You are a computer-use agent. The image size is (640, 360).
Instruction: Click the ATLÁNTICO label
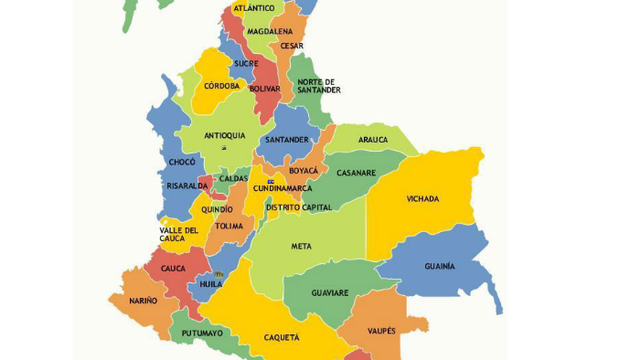254,8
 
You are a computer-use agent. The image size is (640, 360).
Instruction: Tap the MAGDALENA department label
269,31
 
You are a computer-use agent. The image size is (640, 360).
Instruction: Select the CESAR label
292,46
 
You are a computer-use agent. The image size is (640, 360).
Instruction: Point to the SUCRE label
245,64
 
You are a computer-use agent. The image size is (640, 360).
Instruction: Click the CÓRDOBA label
222,86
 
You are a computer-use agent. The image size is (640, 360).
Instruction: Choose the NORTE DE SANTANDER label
319,86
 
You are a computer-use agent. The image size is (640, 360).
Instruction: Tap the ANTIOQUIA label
225,135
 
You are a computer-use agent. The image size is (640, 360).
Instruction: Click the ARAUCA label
373,140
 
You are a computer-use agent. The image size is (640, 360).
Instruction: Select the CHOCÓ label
182,162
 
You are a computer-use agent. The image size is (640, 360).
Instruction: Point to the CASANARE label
356,173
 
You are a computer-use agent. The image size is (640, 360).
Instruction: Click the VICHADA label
422,198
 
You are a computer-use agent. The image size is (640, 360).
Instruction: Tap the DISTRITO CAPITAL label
299,207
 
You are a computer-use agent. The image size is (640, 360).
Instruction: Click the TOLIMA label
229,226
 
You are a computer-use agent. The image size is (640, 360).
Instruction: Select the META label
302,247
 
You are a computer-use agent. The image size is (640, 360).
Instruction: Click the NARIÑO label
143,301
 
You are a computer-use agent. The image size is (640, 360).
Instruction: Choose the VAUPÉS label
381,331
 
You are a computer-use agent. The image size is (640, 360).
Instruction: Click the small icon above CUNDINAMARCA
271,181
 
